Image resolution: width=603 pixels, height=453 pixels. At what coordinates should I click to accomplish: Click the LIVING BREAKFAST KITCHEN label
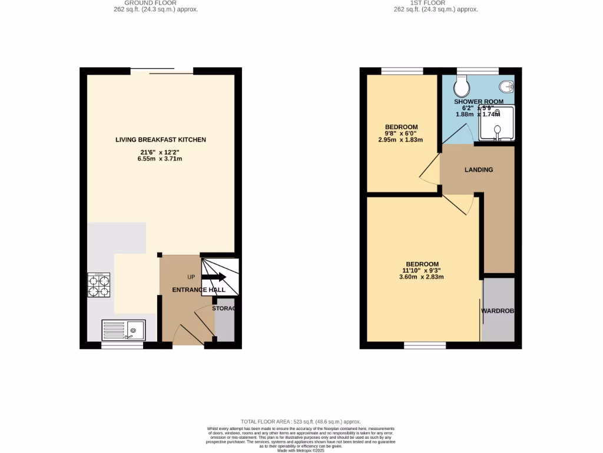161,140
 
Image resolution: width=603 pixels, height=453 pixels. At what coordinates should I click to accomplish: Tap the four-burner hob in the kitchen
99,286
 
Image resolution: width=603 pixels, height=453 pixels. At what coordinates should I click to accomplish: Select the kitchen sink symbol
123,330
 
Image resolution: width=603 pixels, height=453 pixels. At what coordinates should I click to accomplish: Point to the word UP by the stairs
191,277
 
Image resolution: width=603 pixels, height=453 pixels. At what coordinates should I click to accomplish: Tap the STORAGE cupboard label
224,308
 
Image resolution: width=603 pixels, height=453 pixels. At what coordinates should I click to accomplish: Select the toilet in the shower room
462,87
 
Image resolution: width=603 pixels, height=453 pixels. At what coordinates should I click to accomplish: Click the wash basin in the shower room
506,87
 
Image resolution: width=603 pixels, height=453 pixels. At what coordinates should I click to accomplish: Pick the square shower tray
496,123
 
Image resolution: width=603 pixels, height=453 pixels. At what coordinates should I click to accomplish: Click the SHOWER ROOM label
478,101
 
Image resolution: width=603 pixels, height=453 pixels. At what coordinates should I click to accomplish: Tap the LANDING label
478,170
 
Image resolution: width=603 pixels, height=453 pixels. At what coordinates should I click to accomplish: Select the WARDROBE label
498,311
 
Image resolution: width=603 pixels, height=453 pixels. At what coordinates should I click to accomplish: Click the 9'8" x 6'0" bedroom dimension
401,133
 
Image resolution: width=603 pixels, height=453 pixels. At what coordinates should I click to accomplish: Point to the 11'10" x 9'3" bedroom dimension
422,270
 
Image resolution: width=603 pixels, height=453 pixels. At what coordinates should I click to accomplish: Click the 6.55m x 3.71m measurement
161,159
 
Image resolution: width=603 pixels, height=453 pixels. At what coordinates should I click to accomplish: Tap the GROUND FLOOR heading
150,3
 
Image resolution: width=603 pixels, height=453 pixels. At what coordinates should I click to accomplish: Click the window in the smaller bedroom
402,71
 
